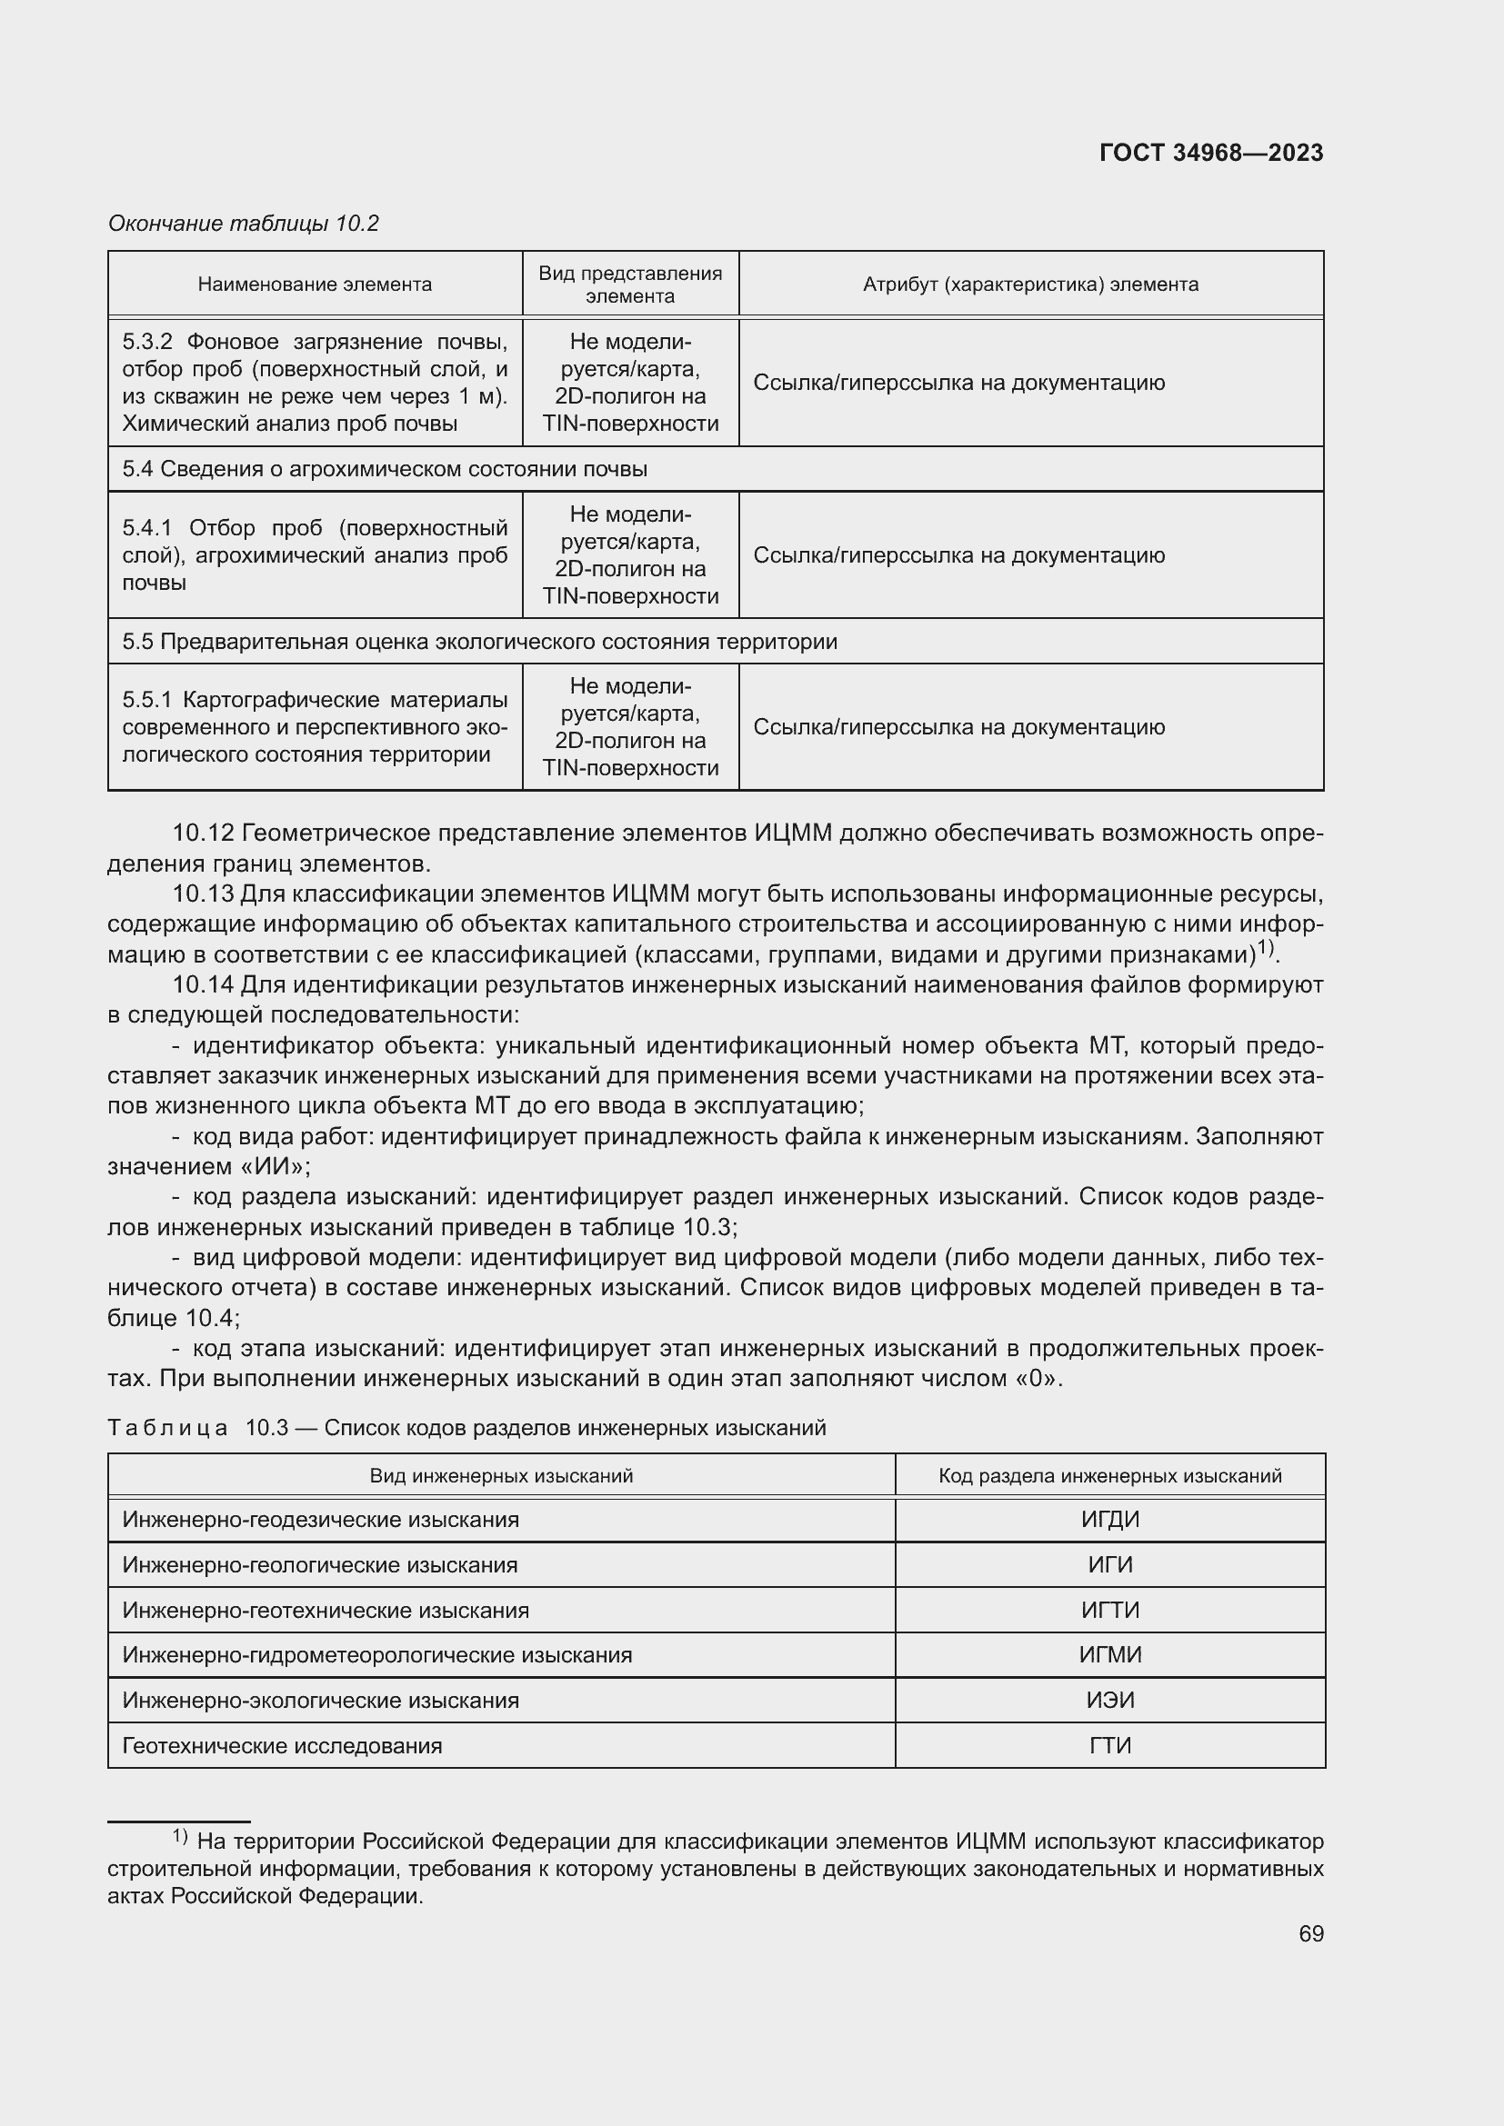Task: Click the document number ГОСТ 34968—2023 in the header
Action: click(1210, 153)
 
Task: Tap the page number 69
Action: click(1310, 1933)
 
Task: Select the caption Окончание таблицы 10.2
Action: click(244, 224)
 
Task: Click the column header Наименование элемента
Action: click(315, 284)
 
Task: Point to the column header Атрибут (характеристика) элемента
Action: click(1030, 284)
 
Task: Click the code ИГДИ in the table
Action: click(1109, 1520)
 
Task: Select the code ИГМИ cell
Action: click(1109, 1654)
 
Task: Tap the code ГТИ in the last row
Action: click(1109, 1745)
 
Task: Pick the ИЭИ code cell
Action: click(1109, 1700)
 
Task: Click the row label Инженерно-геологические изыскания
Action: click(319, 1565)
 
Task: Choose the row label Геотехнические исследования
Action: click(283, 1745)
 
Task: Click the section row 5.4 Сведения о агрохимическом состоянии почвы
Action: click(385, 469)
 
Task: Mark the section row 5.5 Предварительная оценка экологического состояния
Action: click(480, 642)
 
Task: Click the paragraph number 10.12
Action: click(203, 833)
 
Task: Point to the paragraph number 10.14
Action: click(203, 984)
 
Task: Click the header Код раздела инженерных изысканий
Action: click(1109, 1476)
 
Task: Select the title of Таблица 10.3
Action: click(466, 1428)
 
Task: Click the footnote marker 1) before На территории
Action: click(181, 1837)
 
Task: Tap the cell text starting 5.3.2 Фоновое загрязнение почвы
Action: click(315, 383)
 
